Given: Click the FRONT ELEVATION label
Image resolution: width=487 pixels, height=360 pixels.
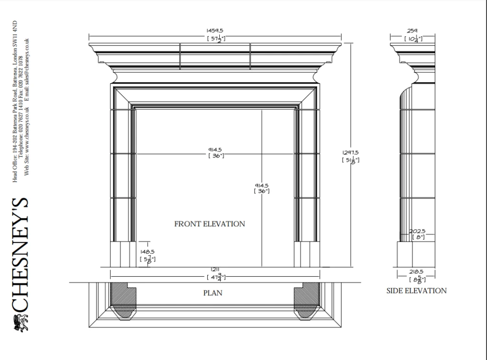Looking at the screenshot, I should coord(209,224).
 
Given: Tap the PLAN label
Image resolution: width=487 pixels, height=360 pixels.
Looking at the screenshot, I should coord(213,293).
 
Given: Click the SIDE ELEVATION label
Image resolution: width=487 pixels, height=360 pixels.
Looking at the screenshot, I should coord(416,291).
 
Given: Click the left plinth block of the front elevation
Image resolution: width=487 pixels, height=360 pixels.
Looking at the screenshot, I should coord(123,254).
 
